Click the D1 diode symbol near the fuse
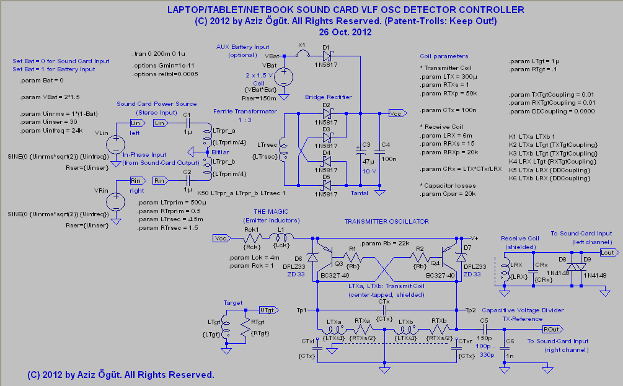(327, 57)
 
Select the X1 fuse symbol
(302, 56)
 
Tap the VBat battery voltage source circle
(284, 77)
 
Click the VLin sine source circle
(115, 144)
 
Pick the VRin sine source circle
(115, 202)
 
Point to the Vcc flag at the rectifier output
(395, 113)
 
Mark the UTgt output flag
(267, 309)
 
